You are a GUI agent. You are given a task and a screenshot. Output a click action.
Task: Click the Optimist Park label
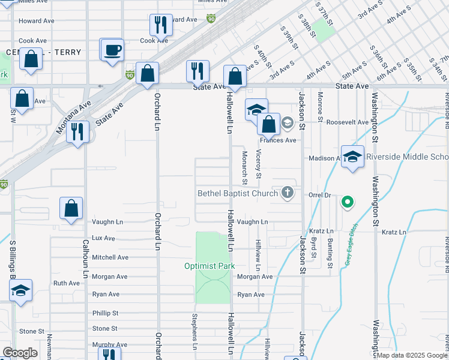pos(209,266)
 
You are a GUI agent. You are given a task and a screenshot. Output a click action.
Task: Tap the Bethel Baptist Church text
pos(238,193)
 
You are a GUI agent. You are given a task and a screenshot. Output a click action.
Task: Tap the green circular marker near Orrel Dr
pos(347,203)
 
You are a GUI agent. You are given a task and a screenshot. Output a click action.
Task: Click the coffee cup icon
pos(112,50)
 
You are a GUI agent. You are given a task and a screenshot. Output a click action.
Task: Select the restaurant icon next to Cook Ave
pos(160,25)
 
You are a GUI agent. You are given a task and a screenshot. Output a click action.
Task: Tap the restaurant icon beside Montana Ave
pos(77,131)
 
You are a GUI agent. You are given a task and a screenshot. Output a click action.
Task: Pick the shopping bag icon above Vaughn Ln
pos(71,208)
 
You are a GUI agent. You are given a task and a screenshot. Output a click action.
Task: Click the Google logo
pos(20,353)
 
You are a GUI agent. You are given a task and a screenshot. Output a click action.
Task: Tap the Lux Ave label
pos(103,238)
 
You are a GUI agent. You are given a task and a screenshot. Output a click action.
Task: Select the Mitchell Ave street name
pos(110,257)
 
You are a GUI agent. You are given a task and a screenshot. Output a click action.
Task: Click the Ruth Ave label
pos(66,283)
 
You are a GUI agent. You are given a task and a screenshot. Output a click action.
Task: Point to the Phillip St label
pos(105,313)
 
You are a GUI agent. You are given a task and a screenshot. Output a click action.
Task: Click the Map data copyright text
pos(412,355)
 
